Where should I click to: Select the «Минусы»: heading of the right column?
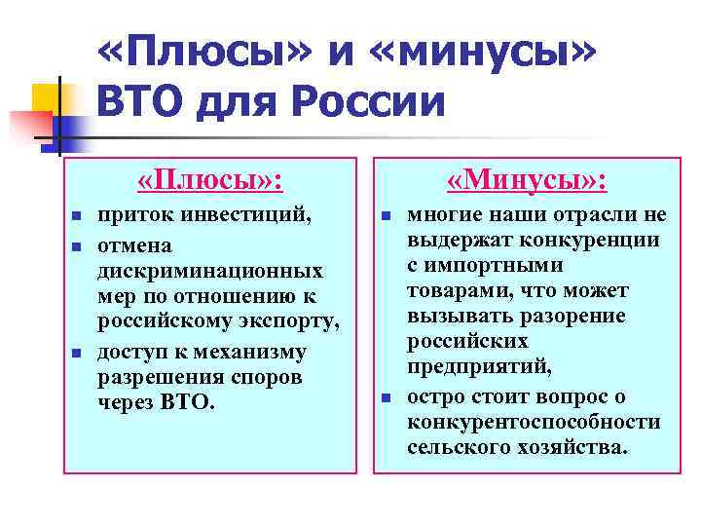pyautogui.click(x=527, y=180)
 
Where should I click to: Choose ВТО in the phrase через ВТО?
pyautogui.click(x=191, y=402)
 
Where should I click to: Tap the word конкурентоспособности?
pyautogui.click(x=534, y=422)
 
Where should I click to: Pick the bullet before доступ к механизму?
pyautogui.click(x=76, y=351)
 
